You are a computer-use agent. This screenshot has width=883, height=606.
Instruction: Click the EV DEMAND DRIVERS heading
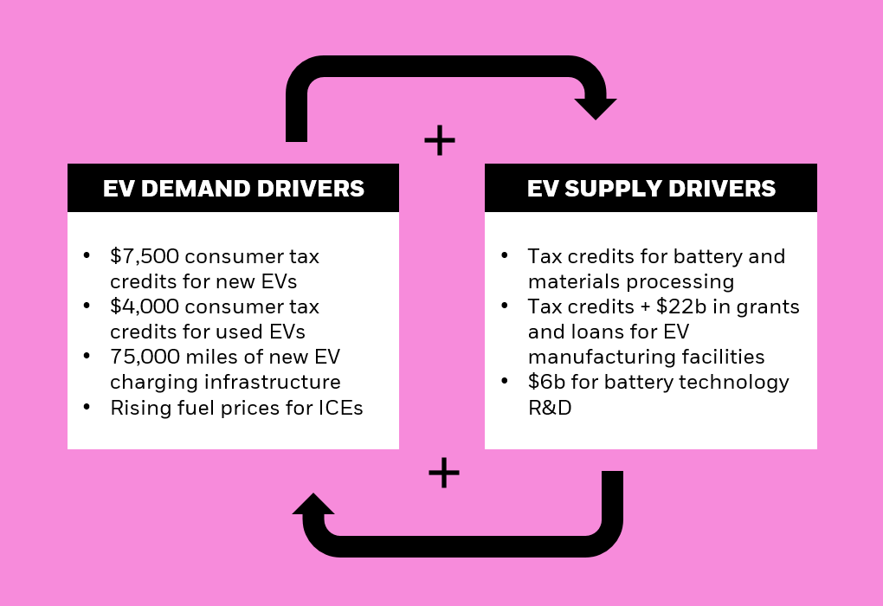tap(233, 189)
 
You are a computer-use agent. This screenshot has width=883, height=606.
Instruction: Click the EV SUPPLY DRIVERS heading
tap(651, 189)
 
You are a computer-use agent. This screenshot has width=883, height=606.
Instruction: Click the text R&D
tap(550, 407)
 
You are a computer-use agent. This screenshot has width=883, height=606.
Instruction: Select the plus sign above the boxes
tap(440, 139)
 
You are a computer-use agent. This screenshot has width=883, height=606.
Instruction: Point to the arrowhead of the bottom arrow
tap(313, 505)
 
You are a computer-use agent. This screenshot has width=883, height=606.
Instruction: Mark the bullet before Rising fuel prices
tap(87, 407)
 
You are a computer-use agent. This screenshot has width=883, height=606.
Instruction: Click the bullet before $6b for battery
tap(505, 382)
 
